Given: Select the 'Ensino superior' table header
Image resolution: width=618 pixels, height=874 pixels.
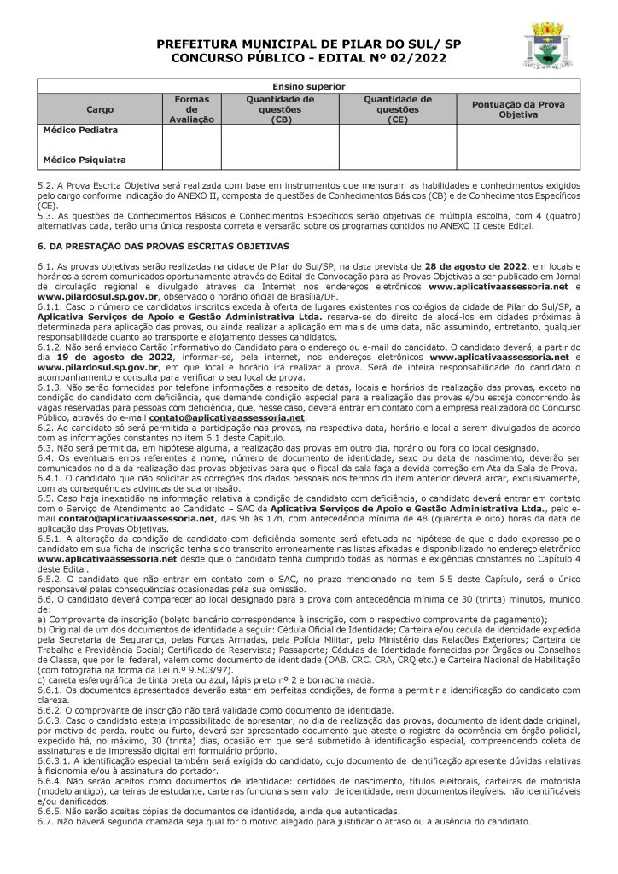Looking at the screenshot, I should click(x=309, y=86).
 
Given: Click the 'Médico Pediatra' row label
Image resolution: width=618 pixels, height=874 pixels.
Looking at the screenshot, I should click(x=80, y=131).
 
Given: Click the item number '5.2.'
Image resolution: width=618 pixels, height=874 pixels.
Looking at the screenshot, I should click(x=47, y=185).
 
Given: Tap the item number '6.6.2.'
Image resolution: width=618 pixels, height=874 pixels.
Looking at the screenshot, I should click(x=52, y=710).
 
